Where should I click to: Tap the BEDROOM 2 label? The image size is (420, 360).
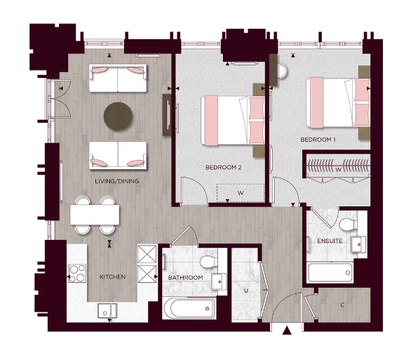pos(224,167)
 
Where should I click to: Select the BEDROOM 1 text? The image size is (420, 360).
pos(318,140)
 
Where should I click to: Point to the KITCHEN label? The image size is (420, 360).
pos(112,277)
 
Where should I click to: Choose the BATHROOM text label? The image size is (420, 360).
pos(185,278)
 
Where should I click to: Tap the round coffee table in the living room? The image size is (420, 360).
pos(118,116)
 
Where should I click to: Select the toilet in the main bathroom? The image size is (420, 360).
pos(208,261)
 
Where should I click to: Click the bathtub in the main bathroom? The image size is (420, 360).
pos(189,307)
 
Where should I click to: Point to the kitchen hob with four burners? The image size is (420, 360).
pos(76,272)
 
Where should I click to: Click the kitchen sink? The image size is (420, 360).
pos(107,309)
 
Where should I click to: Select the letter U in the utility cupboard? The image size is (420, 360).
pos(245,290)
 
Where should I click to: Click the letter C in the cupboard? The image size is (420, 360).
pos(341,305)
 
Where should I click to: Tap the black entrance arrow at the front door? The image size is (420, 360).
pos(286,331)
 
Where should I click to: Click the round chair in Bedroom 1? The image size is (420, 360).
pos(281,70)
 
